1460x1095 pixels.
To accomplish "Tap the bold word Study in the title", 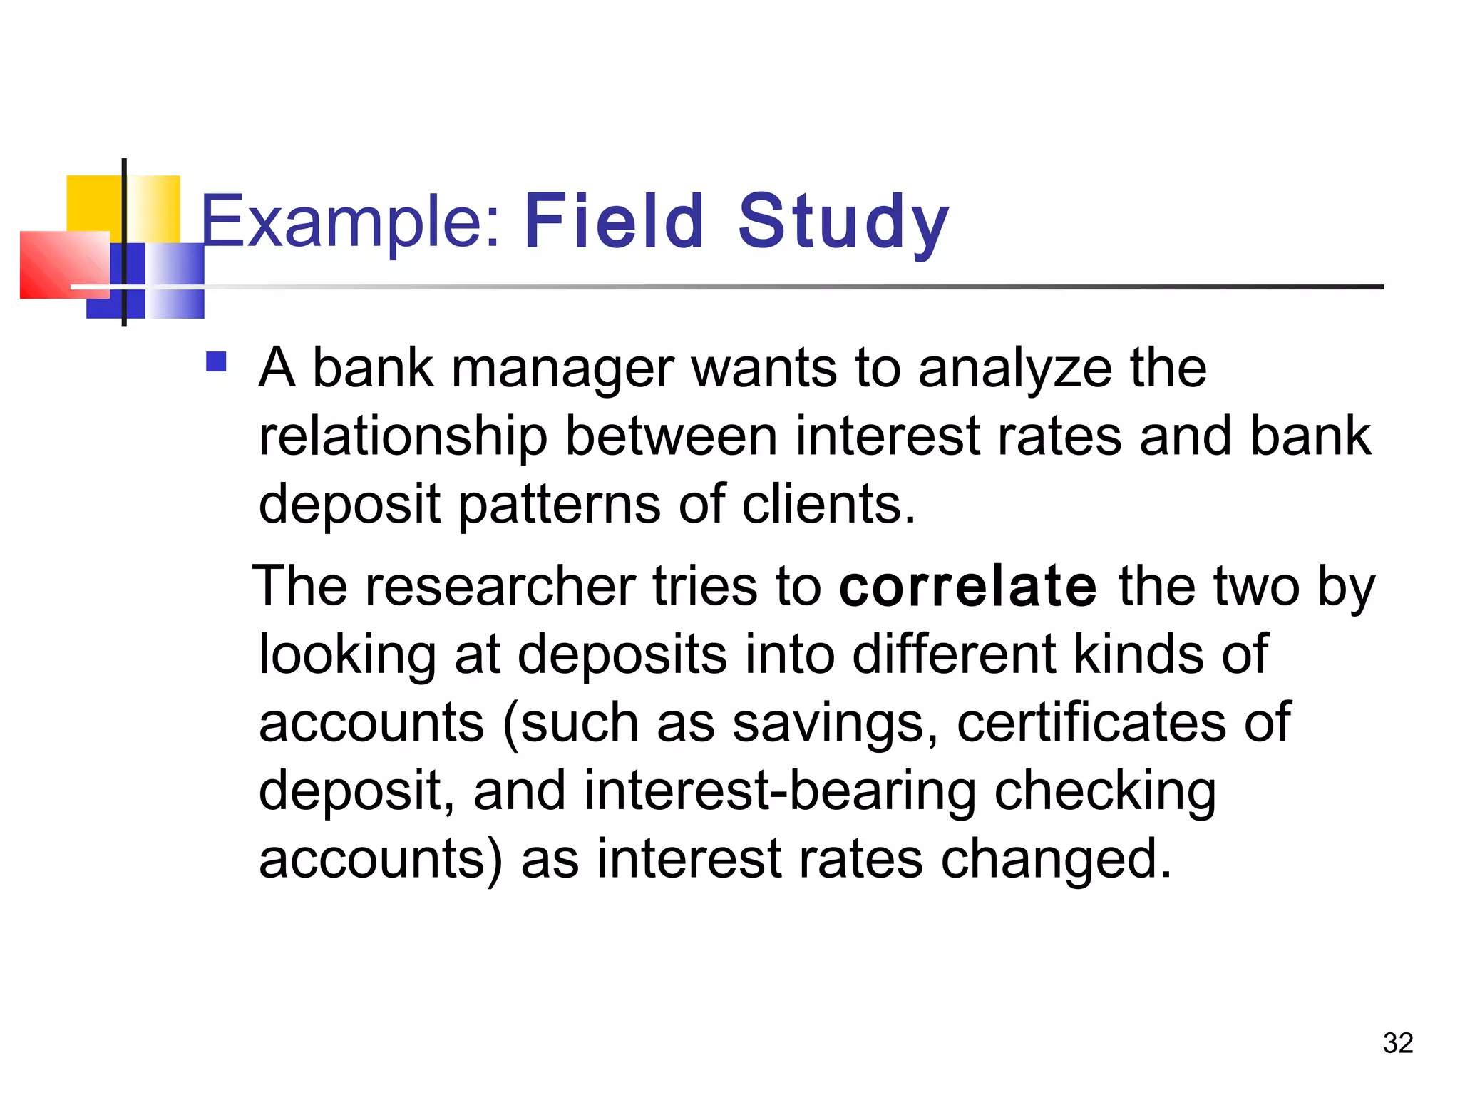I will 843,222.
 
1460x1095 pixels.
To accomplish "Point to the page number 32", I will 1397,1043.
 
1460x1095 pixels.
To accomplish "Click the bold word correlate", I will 968,586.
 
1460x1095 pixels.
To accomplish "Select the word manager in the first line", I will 562,369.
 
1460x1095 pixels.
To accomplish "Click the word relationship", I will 403,437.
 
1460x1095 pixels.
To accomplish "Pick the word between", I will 671,436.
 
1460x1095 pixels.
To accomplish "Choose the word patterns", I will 559,505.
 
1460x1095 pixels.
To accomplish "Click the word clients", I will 828,504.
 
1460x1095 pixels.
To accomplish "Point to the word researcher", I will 500,587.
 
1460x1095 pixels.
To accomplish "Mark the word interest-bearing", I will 780,791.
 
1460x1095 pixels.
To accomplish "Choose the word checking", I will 1105,791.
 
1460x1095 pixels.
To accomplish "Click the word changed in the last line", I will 1056,859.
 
